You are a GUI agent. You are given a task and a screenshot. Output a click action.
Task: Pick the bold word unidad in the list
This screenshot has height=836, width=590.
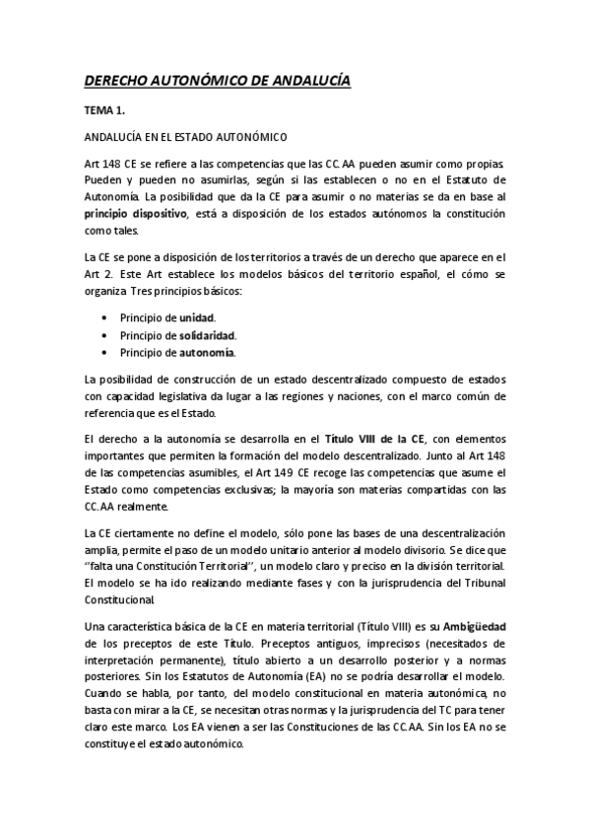195,318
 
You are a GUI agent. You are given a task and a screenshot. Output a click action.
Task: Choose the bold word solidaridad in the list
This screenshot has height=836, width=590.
207,335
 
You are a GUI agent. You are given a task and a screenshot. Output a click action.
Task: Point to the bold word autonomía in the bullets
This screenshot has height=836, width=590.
207,352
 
